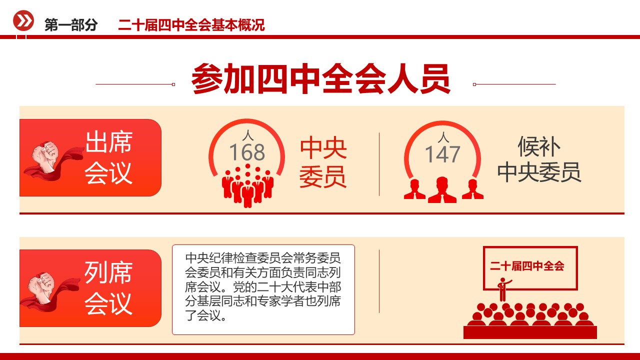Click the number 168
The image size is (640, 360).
[247, 153]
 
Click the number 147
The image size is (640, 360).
[442, 154]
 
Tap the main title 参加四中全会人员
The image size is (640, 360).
[321, 78]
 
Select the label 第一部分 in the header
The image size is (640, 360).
[71, 25]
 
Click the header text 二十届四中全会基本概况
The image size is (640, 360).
[191, 25]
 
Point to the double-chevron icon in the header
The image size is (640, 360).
[23, 21]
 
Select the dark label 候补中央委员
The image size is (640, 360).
[539, 159]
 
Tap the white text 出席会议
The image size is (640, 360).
[108, 157]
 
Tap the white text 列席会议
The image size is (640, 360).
[108, 288]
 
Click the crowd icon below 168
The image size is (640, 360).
[247, 186]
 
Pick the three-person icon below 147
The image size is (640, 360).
[442, 189]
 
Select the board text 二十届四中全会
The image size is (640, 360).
[527, 266]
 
